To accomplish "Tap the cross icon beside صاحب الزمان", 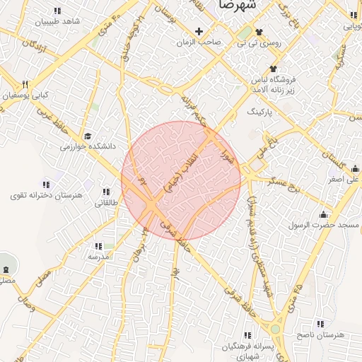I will [x=199, y=32].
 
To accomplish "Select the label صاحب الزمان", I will [x=199, y=42].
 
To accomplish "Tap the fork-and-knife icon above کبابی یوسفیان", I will [x=25, y=83].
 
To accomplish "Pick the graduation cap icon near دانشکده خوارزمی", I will [x=88, y=136].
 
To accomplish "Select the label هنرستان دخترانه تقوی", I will [x=47, y=194].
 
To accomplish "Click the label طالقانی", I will [x=107, y=203].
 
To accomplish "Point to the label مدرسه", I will [x=98, y=257].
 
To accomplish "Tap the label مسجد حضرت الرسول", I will [x=324, y=226].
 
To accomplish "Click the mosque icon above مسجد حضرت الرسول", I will [x=324, y=214].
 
